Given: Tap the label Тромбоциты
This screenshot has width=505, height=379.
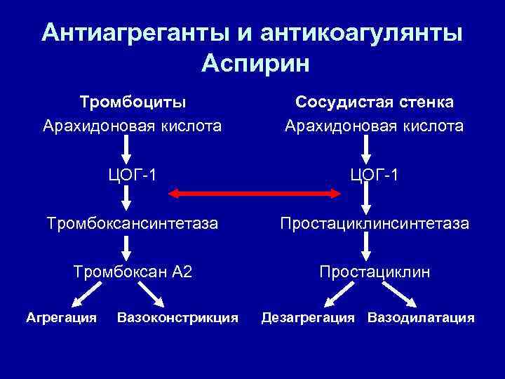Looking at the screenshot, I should click(x=133, y=102).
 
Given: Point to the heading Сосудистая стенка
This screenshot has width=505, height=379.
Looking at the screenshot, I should click(x=374, y=102).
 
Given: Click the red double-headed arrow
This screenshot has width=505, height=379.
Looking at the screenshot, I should click(x=252, y=192).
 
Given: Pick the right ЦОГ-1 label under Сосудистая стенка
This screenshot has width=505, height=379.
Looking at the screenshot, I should click(x=374, y=174).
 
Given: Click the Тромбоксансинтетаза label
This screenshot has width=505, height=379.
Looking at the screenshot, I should click(x=132, y=224).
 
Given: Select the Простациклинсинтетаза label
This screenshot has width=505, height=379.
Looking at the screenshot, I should click(x=375, y=224).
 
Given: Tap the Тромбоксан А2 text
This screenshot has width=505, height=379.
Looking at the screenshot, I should click(x=133, y=272).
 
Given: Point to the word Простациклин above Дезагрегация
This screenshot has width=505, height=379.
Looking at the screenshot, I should click(x=375, y=272).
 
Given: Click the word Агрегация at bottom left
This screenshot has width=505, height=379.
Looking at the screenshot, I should click(x=62, y=317).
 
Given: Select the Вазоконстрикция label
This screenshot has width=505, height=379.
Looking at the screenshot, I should click(x=178, y=317).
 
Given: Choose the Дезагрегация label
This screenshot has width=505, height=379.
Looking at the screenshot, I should click(x=308, y=317).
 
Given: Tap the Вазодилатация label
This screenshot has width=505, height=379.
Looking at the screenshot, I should click(x=421, y=317).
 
